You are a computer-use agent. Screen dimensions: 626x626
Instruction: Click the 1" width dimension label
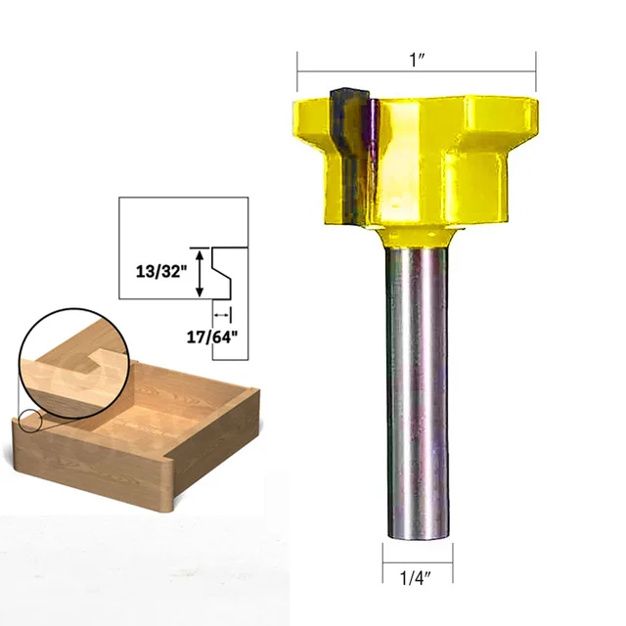(x=418, y=58)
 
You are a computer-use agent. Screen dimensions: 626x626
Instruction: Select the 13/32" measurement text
(x=156, y=272)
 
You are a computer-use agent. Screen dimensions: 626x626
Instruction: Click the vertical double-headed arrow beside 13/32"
(x=201, y=273)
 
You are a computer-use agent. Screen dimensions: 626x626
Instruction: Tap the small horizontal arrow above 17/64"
(x=224, y=315)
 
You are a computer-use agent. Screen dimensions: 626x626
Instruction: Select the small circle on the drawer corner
(x=28, y=423)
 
